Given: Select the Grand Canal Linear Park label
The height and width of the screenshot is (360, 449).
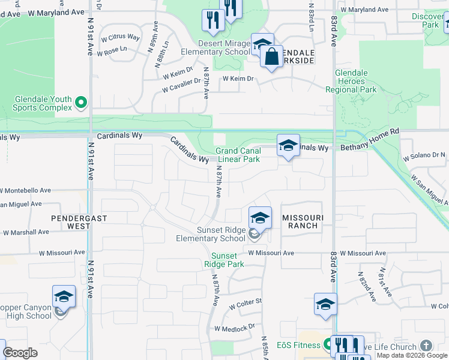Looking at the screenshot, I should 238,155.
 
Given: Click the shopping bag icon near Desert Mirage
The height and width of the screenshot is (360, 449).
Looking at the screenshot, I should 271,57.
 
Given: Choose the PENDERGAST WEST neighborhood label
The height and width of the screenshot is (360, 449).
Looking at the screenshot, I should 71,222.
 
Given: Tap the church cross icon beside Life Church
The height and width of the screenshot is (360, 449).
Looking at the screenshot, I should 426,346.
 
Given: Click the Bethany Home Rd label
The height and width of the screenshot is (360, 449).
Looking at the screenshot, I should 370,147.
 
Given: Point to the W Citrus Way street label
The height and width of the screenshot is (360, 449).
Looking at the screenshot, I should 120,38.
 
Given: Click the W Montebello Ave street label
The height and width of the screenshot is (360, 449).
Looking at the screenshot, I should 25,190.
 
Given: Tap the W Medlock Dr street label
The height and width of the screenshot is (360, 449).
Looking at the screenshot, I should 234,328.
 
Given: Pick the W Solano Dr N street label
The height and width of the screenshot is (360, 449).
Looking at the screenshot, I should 424,155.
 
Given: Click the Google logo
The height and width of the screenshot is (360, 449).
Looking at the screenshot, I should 20,353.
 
